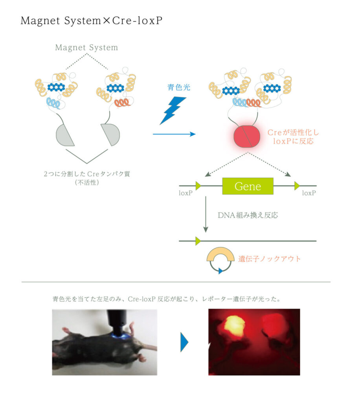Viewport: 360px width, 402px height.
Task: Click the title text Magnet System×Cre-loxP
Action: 91,20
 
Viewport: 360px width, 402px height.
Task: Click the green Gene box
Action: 248,186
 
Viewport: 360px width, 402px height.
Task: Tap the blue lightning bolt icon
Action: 173,110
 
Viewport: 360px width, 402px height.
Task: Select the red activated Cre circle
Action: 246,136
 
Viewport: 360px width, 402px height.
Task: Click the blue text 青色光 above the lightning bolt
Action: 178,88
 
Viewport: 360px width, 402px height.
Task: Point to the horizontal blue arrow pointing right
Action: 174,134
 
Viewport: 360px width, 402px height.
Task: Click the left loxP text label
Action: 186,193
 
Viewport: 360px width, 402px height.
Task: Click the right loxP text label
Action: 309,193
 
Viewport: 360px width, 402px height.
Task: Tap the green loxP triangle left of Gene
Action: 198,186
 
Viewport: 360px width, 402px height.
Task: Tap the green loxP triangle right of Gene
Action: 297,186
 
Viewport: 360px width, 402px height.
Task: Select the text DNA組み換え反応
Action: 248,215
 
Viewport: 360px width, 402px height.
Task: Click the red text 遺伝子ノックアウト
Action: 269,259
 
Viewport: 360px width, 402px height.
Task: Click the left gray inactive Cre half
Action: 64,135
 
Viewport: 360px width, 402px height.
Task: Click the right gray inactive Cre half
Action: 111,134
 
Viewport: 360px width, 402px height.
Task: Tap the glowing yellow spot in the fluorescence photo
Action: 233,325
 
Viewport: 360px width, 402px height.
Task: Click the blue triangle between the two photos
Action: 184,342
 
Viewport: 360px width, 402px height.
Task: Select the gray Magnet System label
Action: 86,48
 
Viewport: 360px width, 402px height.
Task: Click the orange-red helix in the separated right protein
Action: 122,103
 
